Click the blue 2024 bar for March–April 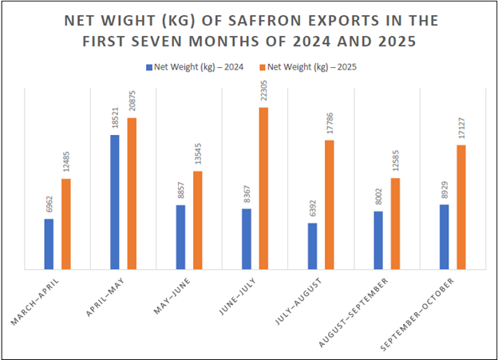(x=49, y=244)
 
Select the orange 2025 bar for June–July (x=263, y=188)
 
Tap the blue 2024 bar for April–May (x=115, y=202)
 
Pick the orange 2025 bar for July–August (x=329, y=205)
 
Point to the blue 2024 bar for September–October (x=444, y=237)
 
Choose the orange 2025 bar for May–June (x=198, y=220)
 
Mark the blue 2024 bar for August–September (x=378, y=240)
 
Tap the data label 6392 (x=312, y=210)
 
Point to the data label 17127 (x=461, y=129)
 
